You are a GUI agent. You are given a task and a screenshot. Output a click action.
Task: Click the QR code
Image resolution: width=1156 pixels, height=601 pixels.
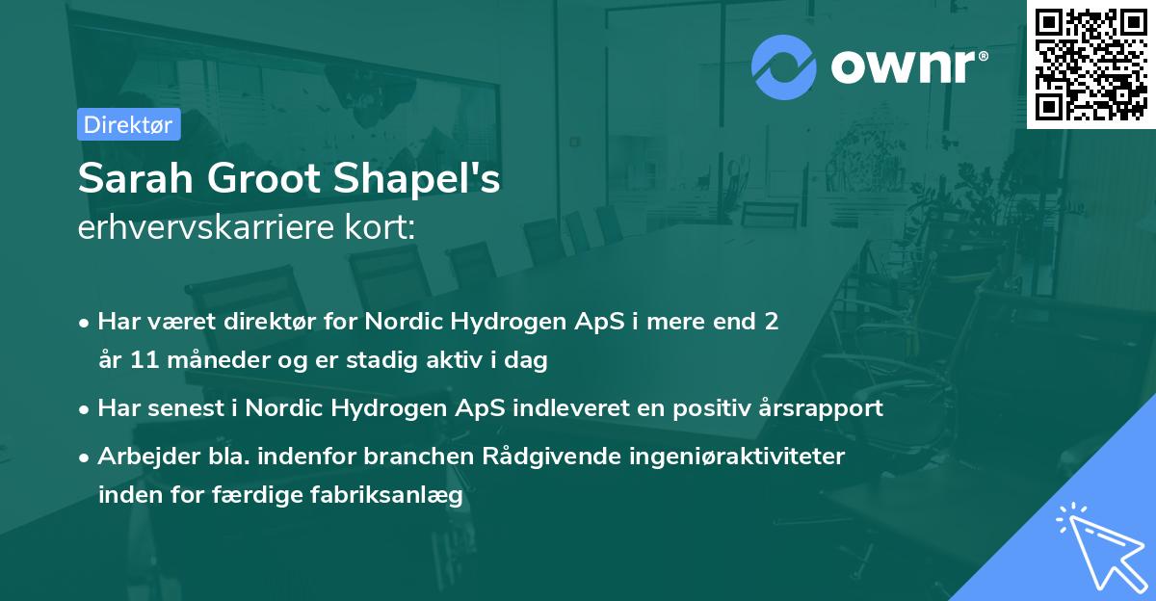[x=1090, y=64]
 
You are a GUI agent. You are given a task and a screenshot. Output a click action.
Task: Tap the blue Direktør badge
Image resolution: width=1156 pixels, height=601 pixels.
[x=128, y=124]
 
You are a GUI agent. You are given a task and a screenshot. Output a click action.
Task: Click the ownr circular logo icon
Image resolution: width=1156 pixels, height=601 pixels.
[x=782, y=67]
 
